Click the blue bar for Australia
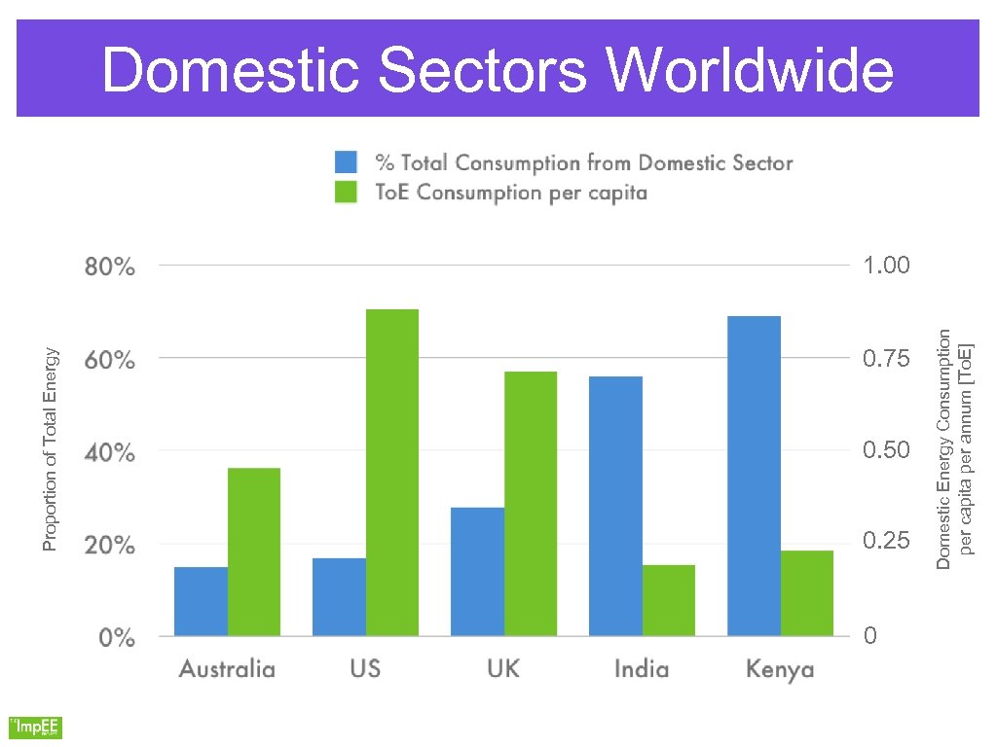point(201,601)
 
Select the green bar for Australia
point(254,551)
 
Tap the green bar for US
point(391,473)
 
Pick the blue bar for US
point(339,597)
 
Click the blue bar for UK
point(477,572)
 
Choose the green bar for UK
point(531,504)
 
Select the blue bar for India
point(615,506)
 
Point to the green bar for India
point(669,600)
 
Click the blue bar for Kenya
point(754,476)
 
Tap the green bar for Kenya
point(807,593)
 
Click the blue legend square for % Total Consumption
point(347,162)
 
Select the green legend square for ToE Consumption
point(347,192)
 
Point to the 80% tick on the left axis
point(109,267)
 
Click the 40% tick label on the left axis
point(109,453)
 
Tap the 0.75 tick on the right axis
point(886,360)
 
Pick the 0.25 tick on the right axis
point(886,541)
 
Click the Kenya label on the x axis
point(780,669)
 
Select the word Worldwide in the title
point(749,71)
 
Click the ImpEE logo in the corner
point(35,727)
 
